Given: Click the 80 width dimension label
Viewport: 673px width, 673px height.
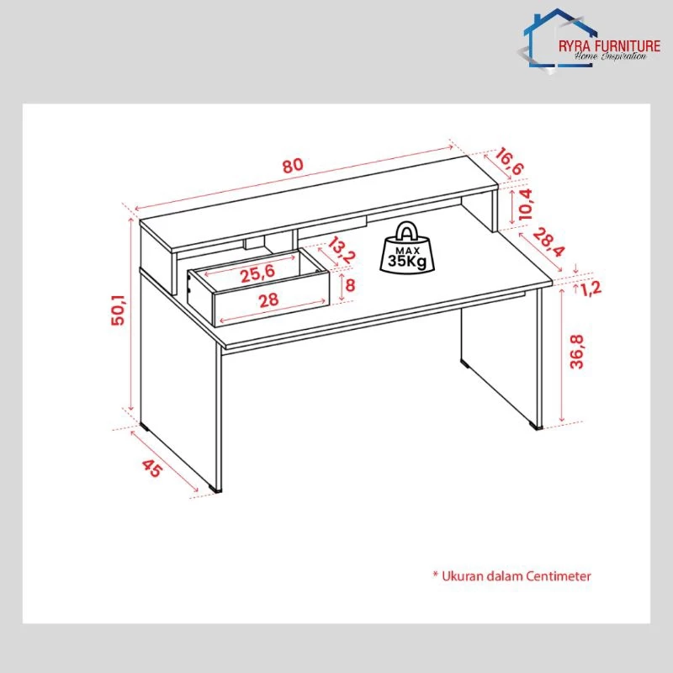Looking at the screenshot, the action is (293, 165).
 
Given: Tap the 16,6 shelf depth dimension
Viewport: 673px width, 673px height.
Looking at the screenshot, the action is (510, 162).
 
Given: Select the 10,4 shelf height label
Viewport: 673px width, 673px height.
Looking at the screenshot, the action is (525, 204).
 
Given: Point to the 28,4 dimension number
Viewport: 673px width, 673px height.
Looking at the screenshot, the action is (549, 242).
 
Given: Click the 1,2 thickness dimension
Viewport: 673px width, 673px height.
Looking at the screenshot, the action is (591, 289).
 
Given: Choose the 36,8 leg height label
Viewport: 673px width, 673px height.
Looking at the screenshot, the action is (577, 352).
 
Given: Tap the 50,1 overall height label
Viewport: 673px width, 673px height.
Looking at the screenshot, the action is (118, 310).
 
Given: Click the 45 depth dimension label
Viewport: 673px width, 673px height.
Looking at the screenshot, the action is (152, 468).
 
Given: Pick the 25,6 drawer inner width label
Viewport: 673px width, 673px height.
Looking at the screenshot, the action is (257, 274).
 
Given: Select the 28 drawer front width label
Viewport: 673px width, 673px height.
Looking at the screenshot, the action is (268, 300).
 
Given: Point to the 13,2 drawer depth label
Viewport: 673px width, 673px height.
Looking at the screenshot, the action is (342, 250).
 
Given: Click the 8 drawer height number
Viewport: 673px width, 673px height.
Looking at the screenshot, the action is (350, 285).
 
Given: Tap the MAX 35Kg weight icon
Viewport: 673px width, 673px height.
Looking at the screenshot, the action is (407, 247).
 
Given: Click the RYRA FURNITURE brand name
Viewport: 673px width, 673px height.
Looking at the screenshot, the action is (609, 46).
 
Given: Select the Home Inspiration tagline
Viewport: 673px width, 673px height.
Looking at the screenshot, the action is (611, 56).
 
